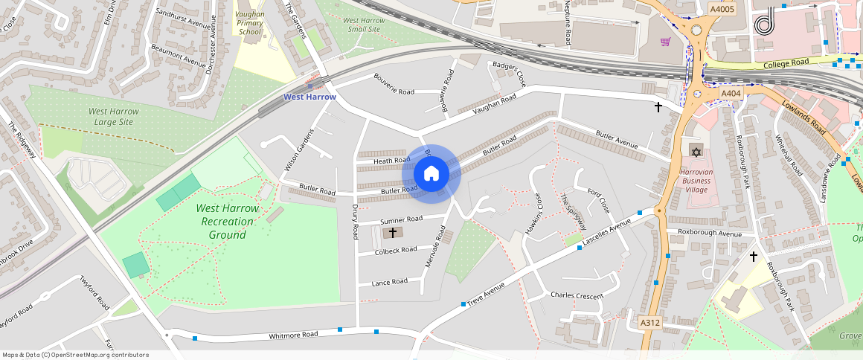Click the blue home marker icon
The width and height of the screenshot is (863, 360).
(x=431, y=174)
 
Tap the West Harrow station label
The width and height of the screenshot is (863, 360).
(x=309, y=97)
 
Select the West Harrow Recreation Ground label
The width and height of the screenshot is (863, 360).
(x=228, y=222)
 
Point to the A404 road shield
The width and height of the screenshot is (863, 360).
(x=731, y=94)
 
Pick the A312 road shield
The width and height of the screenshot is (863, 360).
(x=650, y=323)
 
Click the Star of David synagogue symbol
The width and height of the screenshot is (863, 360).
(x=696, y=152)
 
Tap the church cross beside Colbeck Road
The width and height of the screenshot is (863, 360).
(x=393, y=233)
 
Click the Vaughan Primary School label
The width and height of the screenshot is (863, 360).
(x=249, y=23)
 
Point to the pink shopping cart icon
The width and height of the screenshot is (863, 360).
(x=665, y=42)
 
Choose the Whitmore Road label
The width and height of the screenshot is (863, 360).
(x=293, y=335)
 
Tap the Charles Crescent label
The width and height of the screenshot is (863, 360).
(x=577, y=295)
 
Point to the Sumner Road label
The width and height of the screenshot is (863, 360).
(x=401, y=220)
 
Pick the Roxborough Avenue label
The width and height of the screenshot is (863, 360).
(x=710, y=233)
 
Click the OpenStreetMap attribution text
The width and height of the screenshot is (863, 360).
(x=75, y=355)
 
